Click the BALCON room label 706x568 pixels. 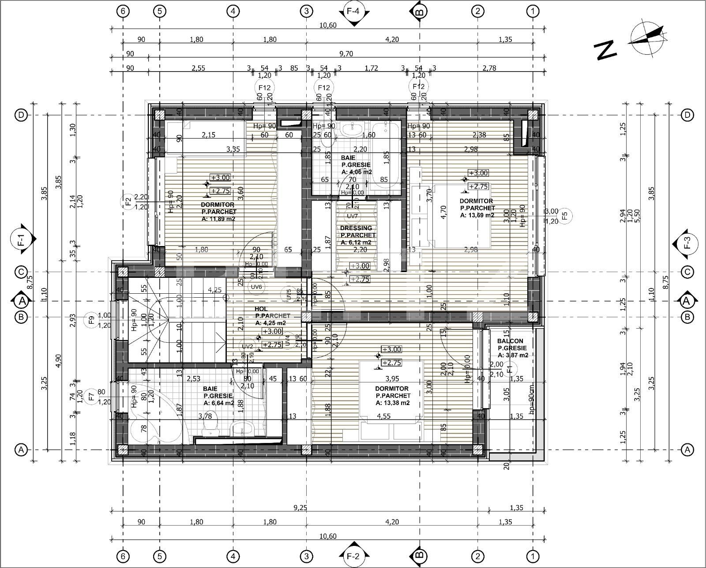(x=510, y=341)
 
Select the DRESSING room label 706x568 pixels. (x=356, y=228)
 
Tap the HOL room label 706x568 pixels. (x=262, y=309)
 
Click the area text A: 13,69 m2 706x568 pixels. (x=477, y=215)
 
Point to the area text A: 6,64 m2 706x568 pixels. (x=219, y=403)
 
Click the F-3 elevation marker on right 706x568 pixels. (x=685, y=243)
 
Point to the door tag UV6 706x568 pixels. (x=256, y=287)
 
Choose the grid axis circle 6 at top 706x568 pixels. (x=123, y=11)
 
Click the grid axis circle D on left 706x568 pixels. (x=21, y=115)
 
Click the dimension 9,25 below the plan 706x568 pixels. (x=300, y=508)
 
